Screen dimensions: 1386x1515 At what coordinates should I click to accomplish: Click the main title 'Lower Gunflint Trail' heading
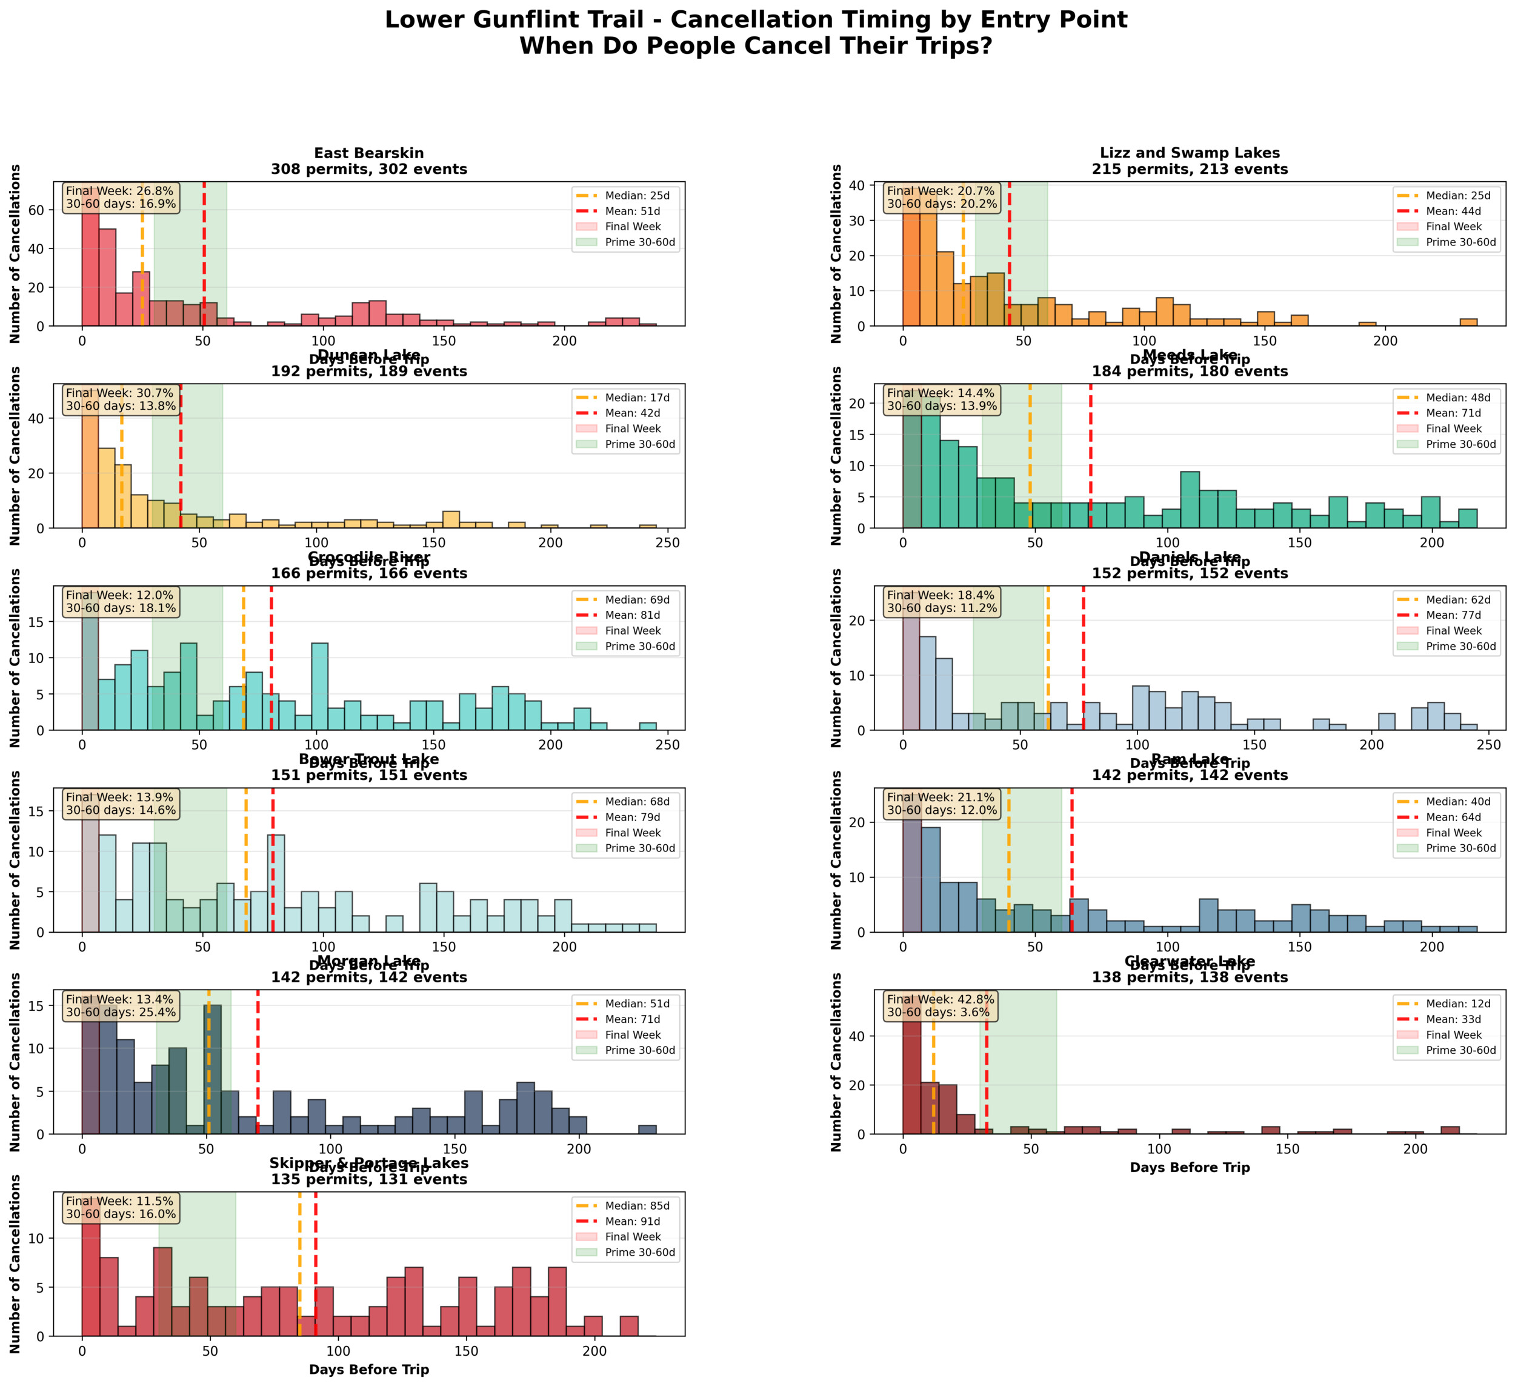click(756, 20)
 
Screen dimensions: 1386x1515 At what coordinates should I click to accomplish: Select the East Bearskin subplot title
click(369, 153)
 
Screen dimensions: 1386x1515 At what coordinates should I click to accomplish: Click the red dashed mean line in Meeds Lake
click(1090, 466)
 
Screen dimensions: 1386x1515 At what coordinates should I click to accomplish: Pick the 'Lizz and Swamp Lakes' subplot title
click(1190, 153)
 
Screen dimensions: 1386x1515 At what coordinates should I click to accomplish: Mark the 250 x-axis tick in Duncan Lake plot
click(667, 542)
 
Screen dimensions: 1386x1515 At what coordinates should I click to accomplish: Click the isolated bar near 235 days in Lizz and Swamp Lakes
click(1468, 322)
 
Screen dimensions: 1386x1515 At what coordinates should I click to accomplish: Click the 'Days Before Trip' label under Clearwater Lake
click(1190, 1167)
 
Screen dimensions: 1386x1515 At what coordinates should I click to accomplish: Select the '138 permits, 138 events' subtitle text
click(1190, 977)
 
